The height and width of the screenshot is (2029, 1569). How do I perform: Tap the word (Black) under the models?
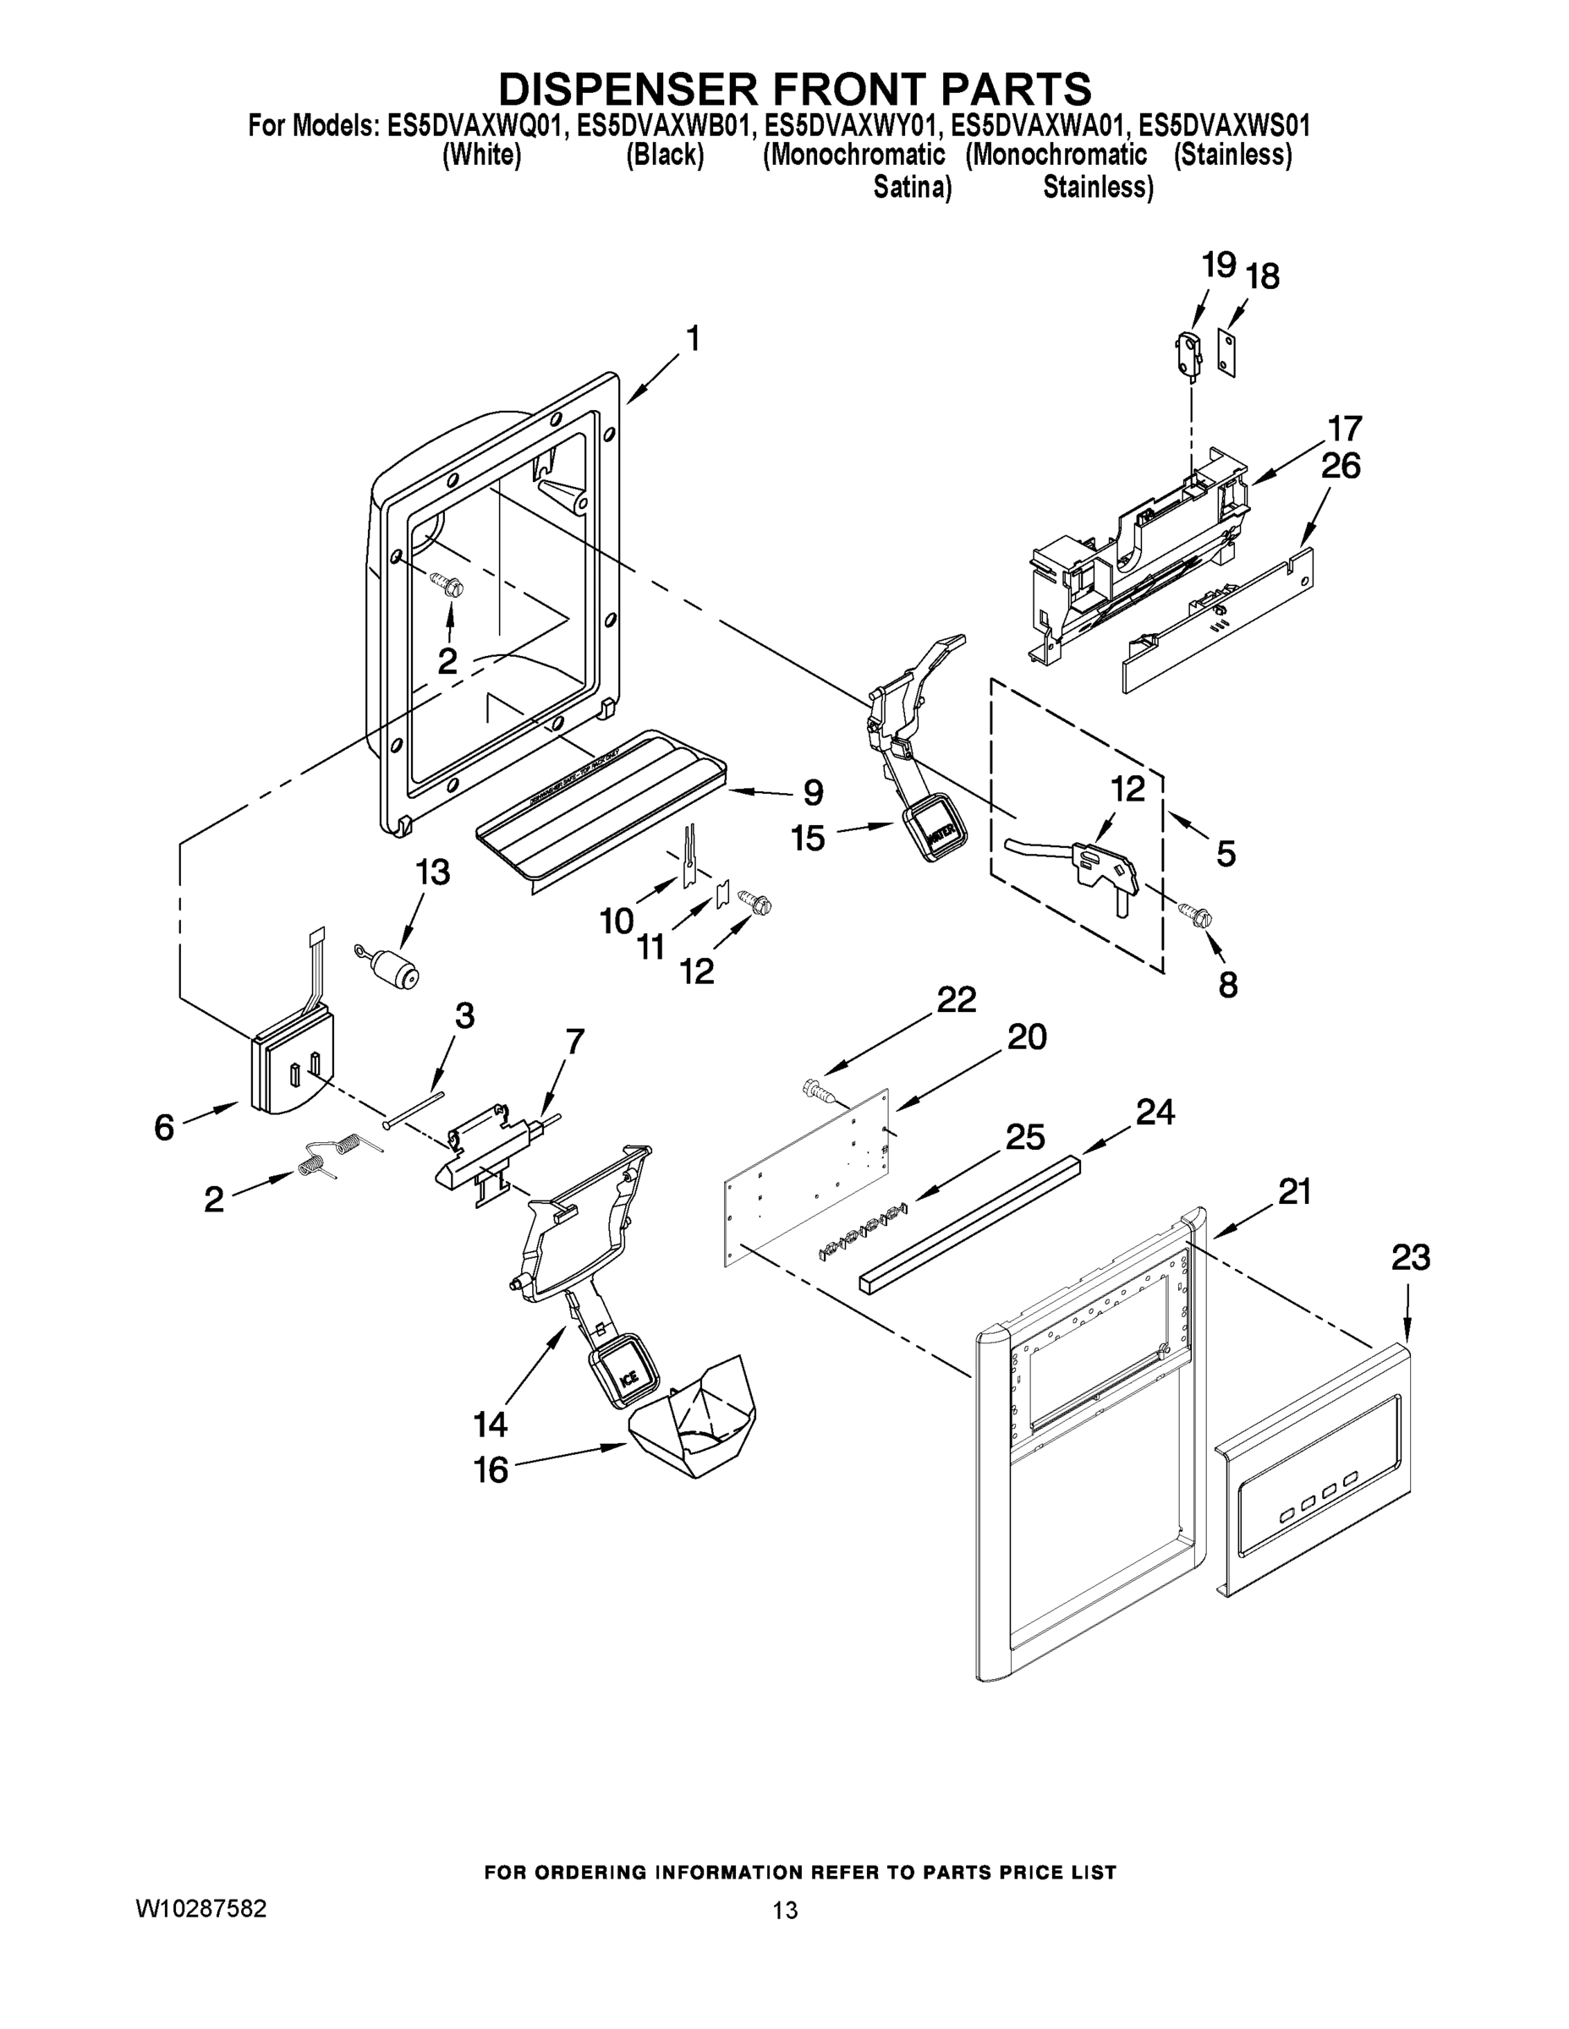(x=665, y=156)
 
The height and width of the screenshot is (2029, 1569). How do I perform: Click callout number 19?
(x=1219, y=266)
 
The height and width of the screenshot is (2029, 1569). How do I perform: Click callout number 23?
(x=1410, y=1258)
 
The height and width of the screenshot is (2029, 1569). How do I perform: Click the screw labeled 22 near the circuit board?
(x=819, y=1088)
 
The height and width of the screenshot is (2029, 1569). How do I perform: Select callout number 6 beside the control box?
(x=165, y=1128)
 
